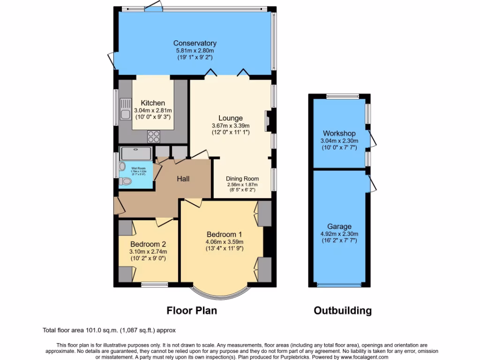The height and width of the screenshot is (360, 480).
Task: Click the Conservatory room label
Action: click(x=195, y=44)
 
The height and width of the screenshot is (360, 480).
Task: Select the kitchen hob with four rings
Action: click(x=154, y=136)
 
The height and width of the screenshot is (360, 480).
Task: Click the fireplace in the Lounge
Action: click(x=268, y=121)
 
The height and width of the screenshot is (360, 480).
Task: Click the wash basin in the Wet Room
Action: click(x=123, y=166)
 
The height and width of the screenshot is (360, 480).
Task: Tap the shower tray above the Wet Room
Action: click(x=135, y=153)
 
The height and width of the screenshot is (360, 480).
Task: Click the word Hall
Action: click(x=183, y=179)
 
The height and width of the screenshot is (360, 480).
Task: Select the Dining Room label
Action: click(x=242, y=179)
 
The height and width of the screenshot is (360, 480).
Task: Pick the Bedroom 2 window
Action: click(x=155, y=284)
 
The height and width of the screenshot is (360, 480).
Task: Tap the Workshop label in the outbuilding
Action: click(x=339, y=134)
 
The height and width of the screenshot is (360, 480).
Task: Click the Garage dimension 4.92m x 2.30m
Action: click(x=339, y=234)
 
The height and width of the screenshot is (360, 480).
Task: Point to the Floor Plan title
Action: click(x=192, y=310)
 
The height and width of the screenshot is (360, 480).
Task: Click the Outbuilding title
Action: click(x=343, y=310)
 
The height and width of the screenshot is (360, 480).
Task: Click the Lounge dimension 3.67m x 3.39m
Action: click(x=230, y=126)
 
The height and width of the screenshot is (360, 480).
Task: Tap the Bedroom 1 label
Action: click(x=225, y=234)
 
